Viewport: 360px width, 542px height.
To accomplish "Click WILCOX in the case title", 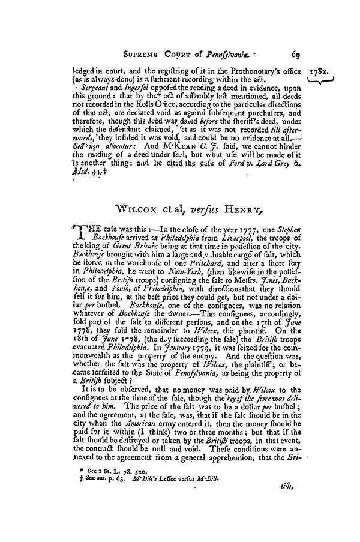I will (140, 210).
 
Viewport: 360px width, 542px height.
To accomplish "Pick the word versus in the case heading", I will (208, 210).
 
